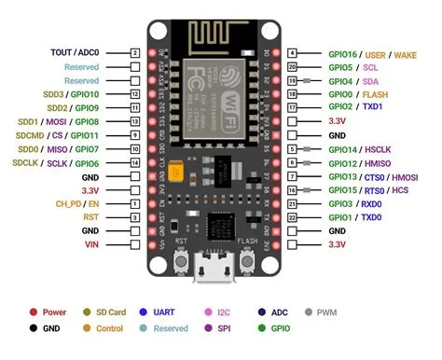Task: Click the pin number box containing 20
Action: click(x=293, y=67)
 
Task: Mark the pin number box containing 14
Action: click(x=135, y=162)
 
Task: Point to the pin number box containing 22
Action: click(x=293, y=216)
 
